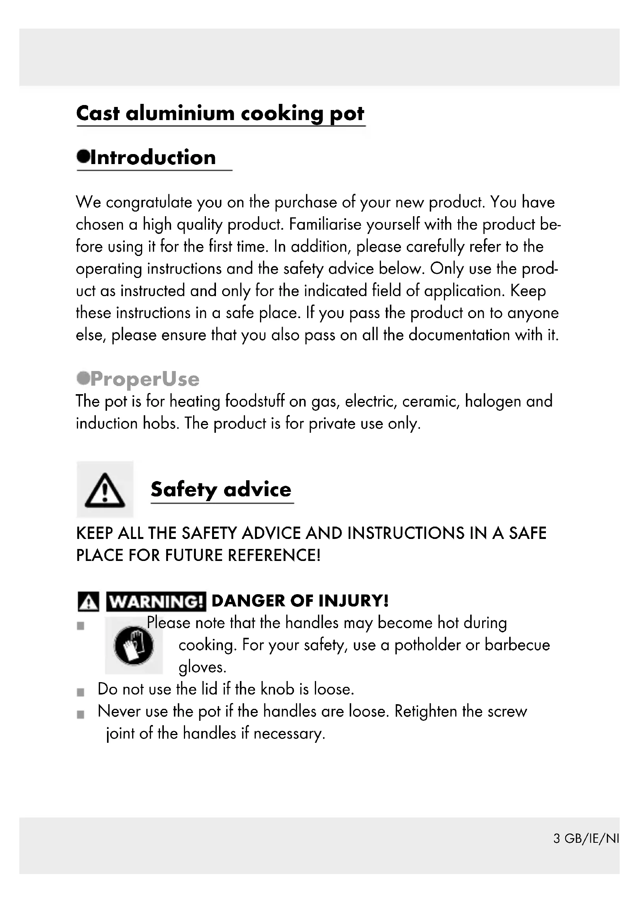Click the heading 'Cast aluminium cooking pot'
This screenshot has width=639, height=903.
220,114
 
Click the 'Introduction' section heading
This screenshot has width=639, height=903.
153,158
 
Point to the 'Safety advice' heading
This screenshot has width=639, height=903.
221,490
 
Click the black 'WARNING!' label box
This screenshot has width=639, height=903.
156,602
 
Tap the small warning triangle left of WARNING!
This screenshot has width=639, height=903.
88,602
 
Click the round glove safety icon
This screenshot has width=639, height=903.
133,645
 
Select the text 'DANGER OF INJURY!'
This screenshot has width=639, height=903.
300,601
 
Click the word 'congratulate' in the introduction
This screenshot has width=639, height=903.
149,203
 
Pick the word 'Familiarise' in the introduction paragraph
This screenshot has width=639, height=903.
325,225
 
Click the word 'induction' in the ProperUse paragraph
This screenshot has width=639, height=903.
107,424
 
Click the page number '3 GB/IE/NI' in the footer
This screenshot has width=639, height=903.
586,839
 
